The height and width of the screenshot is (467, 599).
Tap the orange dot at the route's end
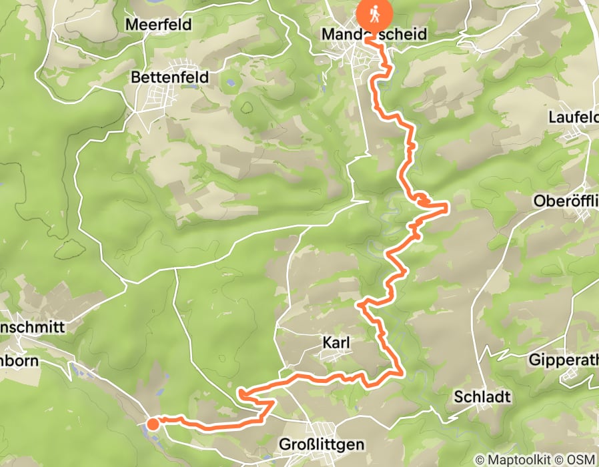(153, 423)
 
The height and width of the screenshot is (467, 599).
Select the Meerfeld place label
(158, 25)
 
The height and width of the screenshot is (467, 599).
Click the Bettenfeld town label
(169, 77)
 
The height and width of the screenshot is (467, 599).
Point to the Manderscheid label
(374, 33)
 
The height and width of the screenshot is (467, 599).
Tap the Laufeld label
(572, 117)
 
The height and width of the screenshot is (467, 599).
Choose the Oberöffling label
(566, 201)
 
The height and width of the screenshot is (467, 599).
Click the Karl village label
(336, 343)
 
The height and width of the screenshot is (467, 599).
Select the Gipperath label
(563, 360)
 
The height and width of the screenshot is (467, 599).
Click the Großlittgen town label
(322, 444)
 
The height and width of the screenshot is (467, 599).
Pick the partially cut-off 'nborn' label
(20, 361)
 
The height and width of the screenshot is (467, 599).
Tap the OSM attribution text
(580, 460)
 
